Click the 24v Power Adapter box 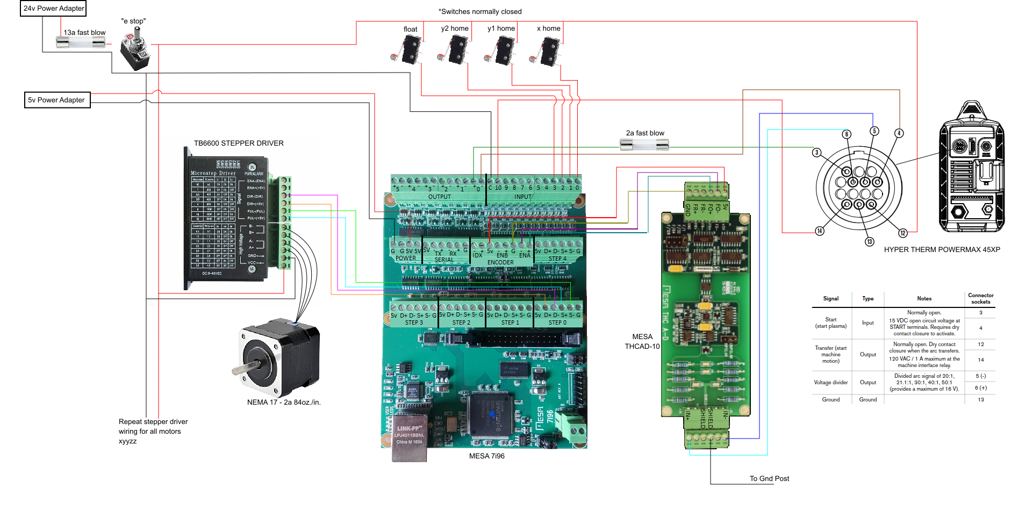tap(53, 9)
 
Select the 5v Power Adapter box tap(57, 100)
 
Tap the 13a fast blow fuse tap(81, 41)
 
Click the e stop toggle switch tap(135, 51)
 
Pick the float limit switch tap(408, 50)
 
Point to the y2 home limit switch tap(455, 50)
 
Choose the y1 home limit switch tap(502, 50)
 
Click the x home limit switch tap(548, 51)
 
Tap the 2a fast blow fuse tap(644, 144)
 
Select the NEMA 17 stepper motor tap(279, 357)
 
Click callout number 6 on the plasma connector tap(847, 134)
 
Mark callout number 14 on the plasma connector tap(819, 231)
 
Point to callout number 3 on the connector tap(816, 153)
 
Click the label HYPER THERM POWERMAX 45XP tap(942, 250)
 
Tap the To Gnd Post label tap(769, 479)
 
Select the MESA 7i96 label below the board tap(486, 456)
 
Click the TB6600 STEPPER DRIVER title tap(239, 143)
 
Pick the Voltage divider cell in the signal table tap(830, 383)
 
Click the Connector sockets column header tap(980, 299)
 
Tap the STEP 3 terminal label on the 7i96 tap(414, 323)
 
